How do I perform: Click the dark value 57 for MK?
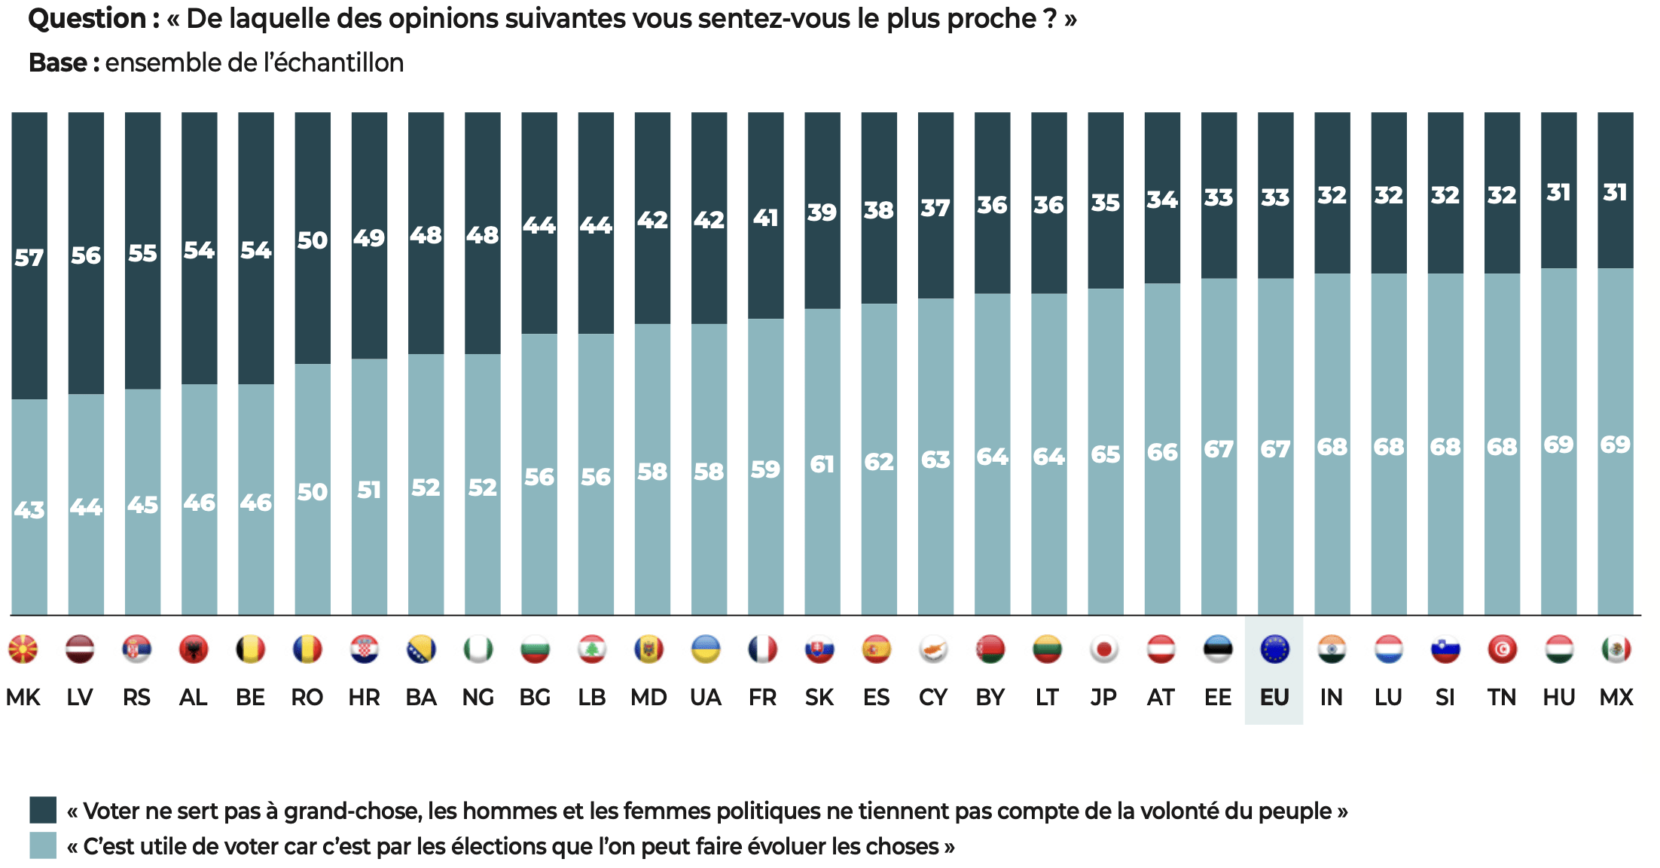point(29,258)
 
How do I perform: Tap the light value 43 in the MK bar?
point(29,510)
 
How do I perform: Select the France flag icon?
point(762,649)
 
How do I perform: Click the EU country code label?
point(1274,697)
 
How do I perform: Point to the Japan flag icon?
point(1104,649)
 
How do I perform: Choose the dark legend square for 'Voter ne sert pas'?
point(43,810)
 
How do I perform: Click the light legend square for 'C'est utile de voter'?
point(43,845)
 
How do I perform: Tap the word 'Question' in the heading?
point(87,19)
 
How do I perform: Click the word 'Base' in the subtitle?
point(58,63)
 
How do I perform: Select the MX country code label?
point(1616,697)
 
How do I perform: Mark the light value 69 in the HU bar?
point(1558,445)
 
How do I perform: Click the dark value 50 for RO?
point(313,240)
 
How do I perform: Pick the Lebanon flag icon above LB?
point(592,649)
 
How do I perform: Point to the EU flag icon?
point(1274,649)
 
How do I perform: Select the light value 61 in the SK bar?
point(822,464)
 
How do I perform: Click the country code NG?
point(478,697)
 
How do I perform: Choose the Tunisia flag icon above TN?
point(1502,649)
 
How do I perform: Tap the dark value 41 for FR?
point(765,218)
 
